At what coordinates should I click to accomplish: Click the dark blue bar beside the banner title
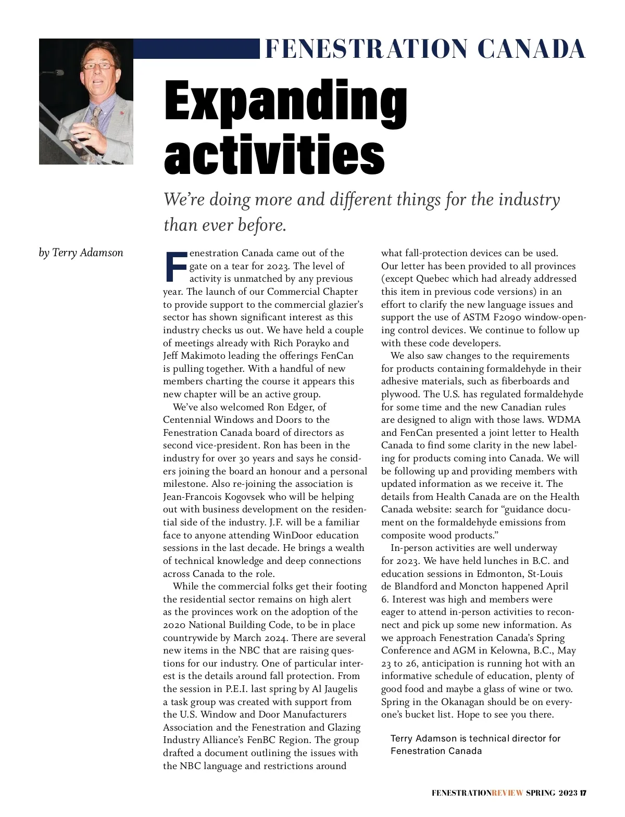(196, 49)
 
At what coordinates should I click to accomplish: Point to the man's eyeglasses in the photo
(99, 66)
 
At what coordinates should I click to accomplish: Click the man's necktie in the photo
(95, 117)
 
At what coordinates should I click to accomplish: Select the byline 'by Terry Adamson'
(81, 253)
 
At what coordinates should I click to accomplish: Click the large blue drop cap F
(175, 266)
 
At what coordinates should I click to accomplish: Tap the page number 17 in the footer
(583, 793)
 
